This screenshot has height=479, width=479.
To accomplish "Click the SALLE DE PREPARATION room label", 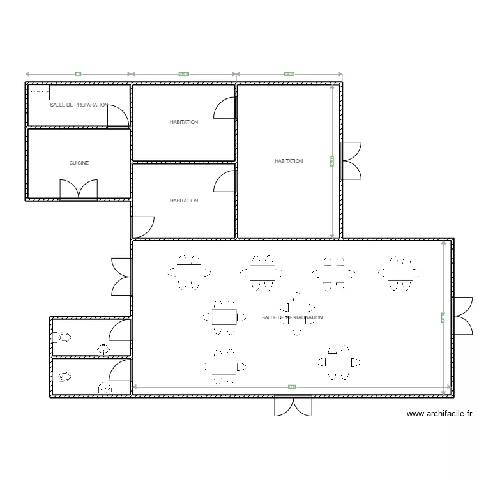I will tap(79, 105).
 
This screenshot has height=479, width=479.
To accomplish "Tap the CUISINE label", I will tap(79, 163).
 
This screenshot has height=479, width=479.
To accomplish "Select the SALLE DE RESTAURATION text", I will tap(292, 317).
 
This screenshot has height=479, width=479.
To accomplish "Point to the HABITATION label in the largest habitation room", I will tap(289, 161).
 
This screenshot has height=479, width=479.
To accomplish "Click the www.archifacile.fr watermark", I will tap(440, 414).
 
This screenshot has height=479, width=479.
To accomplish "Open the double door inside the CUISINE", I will tap(79, 190).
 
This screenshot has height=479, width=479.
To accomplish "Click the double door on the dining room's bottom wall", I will tap(293, 406).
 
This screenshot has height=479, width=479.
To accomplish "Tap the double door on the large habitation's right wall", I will tap(351, 160).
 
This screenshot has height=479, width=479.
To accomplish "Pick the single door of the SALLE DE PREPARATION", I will tap(118, 116).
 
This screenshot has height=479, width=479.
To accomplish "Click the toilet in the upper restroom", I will tap(62, 337).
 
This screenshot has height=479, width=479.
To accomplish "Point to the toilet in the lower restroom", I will tap(62, 377).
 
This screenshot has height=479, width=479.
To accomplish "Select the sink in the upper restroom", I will tap(103, 349).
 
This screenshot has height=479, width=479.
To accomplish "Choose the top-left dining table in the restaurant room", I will tap(189, 272).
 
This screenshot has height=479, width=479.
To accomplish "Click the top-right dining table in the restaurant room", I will tap(400, 272).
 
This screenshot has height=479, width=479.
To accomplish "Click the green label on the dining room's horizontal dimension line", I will tap(292, 386).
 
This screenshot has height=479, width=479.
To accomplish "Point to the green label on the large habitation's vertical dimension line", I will tap(332, 162).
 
